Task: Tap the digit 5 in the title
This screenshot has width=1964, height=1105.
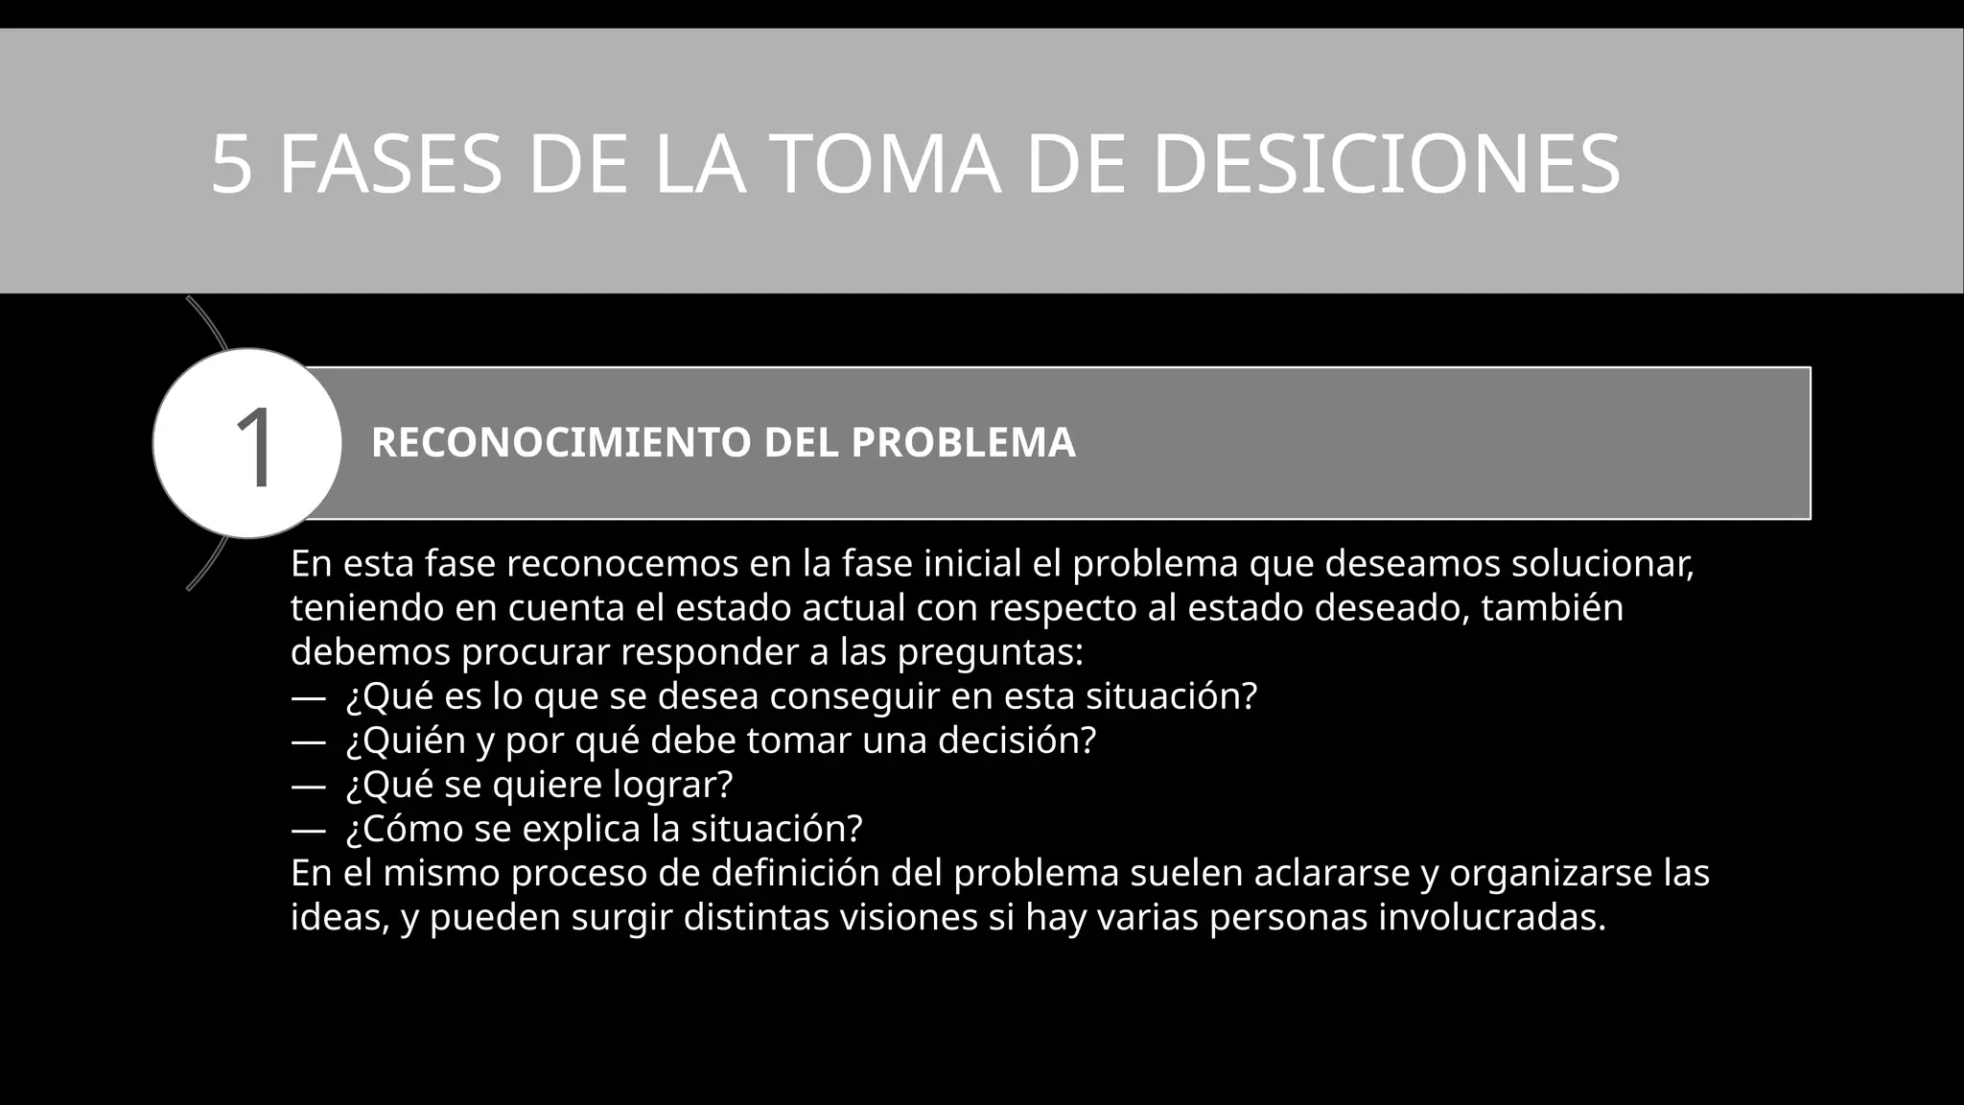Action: coord(231,164)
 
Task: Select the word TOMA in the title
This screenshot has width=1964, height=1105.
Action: coord(885,164)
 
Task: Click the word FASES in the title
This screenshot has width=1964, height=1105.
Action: coord(390,164)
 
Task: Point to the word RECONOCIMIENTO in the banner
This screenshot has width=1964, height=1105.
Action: coord(561,443)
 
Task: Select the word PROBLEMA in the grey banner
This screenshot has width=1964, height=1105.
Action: coord(963,443)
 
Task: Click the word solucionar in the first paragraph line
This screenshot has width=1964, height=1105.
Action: coord(1602,564)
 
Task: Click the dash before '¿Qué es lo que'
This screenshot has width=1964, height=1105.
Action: coord(307,697)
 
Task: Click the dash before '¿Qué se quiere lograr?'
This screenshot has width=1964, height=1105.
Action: coord(307,786)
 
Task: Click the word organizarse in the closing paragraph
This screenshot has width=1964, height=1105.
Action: coord(1550,873)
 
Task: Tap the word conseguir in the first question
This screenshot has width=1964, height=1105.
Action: coord(853,697)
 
